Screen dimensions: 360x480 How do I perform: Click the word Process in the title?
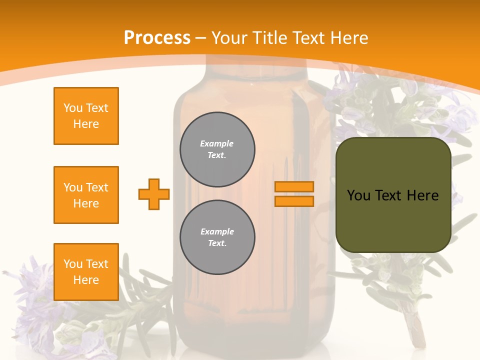click(x=157, y=38)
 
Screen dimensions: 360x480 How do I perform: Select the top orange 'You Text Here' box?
click(x=86, y=116)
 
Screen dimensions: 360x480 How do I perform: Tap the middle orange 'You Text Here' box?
click(x=86, y=195)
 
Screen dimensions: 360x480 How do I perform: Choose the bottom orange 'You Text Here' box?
click(x=86, y=272)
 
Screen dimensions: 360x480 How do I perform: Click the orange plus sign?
click(x=154, y=194)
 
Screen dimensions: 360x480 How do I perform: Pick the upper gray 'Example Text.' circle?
click(x=217, y=149)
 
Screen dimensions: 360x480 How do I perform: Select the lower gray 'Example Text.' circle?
click(x=217, y=237)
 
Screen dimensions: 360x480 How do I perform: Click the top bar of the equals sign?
click(x=294, y=187)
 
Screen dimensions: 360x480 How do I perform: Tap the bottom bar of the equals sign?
click(x=294, y=201)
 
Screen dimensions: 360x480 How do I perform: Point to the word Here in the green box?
click(x=422, y=195)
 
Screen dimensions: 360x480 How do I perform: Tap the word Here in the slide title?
click(x=349, y=38)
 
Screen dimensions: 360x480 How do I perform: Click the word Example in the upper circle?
click(x=217, y=144)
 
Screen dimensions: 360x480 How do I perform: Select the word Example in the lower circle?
click(x=217, y=232)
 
